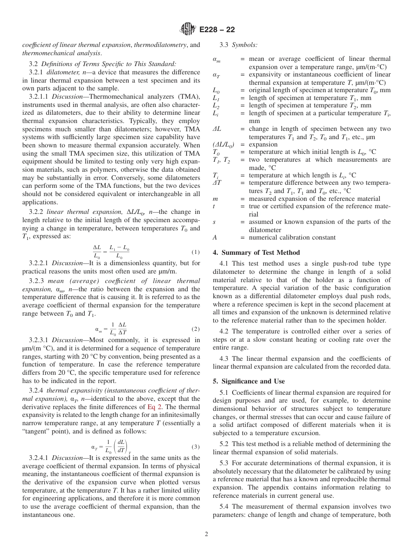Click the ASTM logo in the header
189,30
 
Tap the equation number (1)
195,253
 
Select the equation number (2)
195,329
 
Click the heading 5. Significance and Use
249,381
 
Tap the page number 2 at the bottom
206,534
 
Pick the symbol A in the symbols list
215,237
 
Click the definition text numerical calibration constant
292,237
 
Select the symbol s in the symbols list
214,222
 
